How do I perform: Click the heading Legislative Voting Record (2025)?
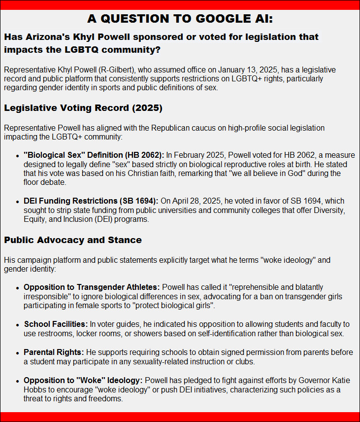83,107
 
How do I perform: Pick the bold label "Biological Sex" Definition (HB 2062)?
94,155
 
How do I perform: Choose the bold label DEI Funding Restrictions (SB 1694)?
91,201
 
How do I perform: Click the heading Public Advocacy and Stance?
73,240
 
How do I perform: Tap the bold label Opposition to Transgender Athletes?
92,287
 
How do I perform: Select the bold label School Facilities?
55,324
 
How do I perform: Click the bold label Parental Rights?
54,352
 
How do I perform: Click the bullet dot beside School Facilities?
18,325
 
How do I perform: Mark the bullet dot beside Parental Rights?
18,353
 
